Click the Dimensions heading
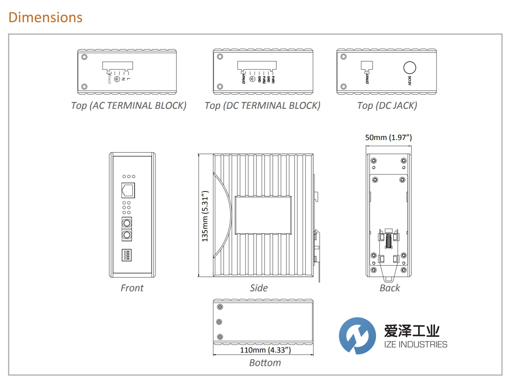tap(45, 17)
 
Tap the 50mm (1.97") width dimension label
tap(388, 137)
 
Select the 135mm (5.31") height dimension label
tap(205, 216)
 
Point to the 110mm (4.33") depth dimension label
tap(265, 350)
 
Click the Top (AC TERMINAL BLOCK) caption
tap(129, 106)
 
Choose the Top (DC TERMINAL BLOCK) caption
tap(262, 106)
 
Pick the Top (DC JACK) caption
tap(387, 106)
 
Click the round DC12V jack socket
tap(410, 67)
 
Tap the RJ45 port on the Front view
tap(128, 190)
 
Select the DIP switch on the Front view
tap(127, 255)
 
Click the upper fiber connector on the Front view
tap(127, 223)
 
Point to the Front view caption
tap(132, 288)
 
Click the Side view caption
tap(259, 288)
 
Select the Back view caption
tap(390, 288)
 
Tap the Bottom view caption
tap(265, 363)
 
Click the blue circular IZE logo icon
tap(357, 336)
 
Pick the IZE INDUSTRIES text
tap(415, 345)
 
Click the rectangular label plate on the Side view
tap(263, 215)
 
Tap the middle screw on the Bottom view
tap(219, 322)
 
